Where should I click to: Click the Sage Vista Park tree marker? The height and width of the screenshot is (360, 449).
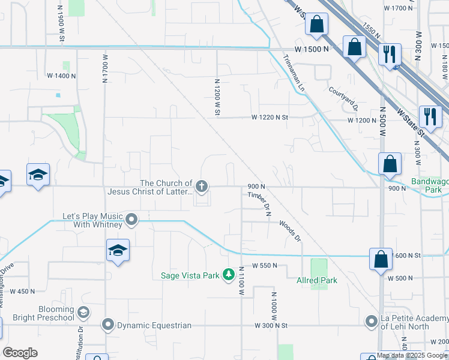pyautogui.click(x=228, y=275)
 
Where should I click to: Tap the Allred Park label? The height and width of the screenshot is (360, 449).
pyautogui.click(x=317, y=280)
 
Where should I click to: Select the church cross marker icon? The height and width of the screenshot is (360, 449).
pyautogui.click(x=202, y=187)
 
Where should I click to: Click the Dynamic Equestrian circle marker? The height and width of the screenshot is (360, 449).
pyautogui.click(x=108, y=325)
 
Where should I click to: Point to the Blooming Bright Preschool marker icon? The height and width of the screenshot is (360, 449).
pyautogui.click(x=83, y=313)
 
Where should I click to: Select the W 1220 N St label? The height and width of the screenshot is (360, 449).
pyautogui.click(x=270, y=118)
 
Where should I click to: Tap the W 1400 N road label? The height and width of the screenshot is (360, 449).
pyautogui.click(x=61, y=76)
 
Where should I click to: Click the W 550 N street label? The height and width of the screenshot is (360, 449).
pyautogui.click(x=264, y=265)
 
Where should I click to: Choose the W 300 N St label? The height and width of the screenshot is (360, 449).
pyautogui.click(x=271, y=325)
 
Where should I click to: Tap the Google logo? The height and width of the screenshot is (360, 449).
pyautogui.click(x=20, y=353)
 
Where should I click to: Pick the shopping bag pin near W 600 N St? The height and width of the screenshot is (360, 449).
pyautogui.click(x=381, y=259)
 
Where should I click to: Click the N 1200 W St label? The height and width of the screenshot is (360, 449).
pyautogui.click(x=217, y=96)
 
